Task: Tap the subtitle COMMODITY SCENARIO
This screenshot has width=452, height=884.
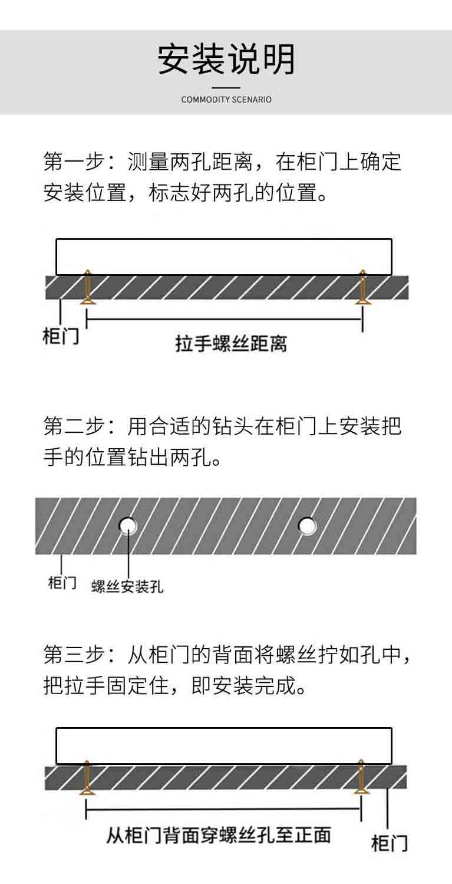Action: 226,100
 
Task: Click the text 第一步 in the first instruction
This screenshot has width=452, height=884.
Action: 74,162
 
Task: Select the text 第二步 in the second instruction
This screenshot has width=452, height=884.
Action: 74,426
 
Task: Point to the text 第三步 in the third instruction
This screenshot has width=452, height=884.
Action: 74,655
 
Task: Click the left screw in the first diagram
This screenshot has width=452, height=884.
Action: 87,287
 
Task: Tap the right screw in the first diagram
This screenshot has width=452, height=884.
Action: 362,287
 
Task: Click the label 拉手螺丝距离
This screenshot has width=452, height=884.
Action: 231,344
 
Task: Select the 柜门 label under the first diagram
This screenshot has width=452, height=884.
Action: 61,337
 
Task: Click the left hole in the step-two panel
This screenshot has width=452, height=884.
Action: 127,525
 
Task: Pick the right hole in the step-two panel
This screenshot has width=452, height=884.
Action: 307,525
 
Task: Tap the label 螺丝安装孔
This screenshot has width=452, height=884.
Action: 127,586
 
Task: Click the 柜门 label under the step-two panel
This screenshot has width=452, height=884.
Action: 62,583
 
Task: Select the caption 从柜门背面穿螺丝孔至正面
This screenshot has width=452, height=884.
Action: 219,833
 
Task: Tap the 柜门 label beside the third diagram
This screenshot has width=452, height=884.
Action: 390,842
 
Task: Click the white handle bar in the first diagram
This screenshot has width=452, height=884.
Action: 223,257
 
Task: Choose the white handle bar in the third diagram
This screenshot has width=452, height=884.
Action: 223,746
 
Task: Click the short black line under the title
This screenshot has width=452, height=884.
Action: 226,88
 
